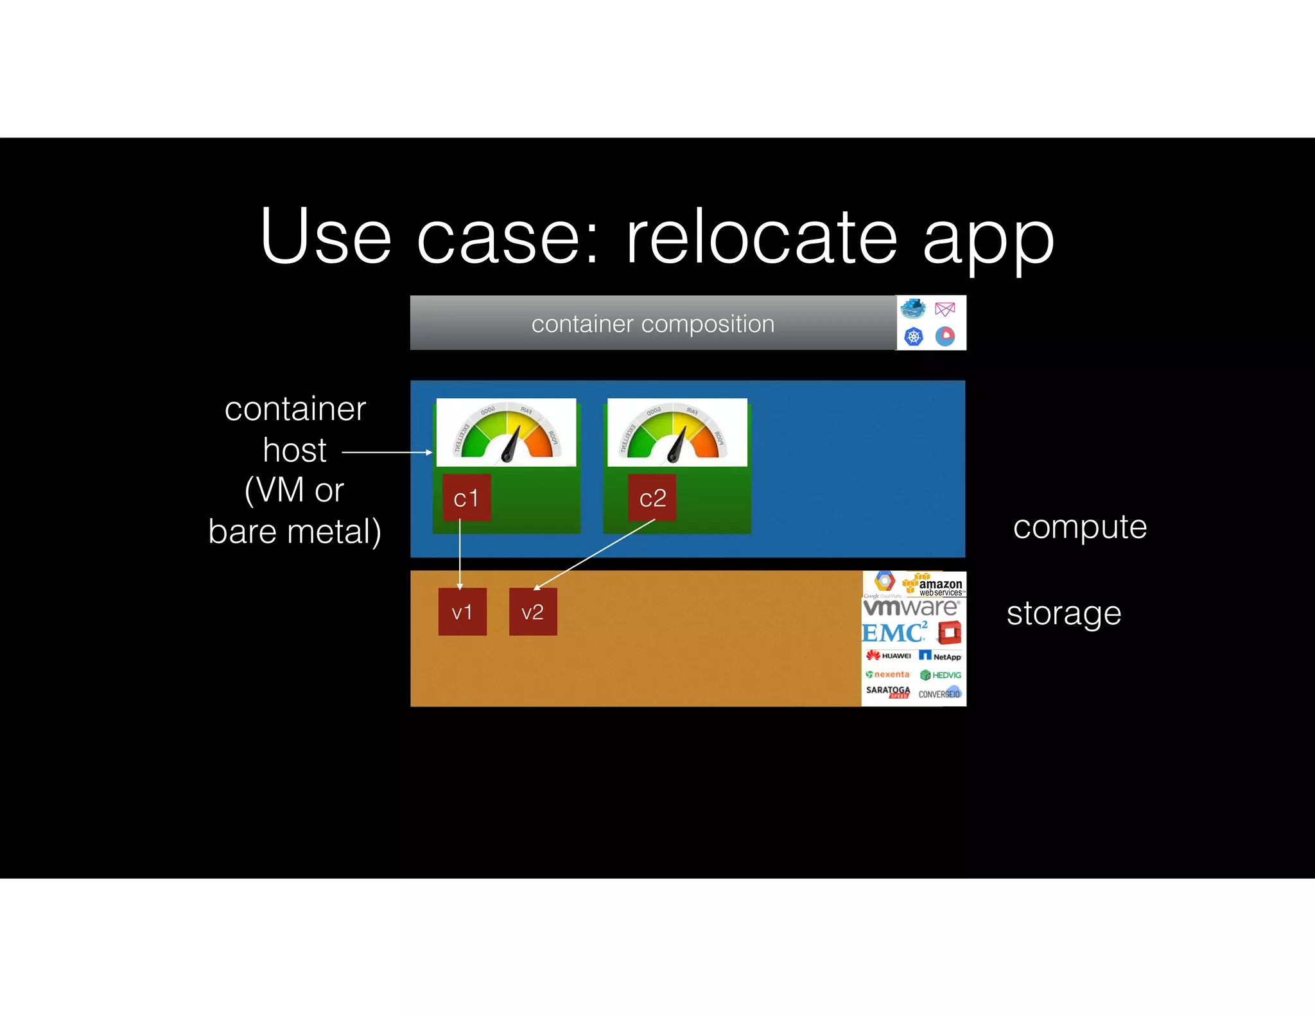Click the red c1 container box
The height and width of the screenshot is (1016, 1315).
tap(466, 498)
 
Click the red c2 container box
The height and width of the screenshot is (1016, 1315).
tap(652, 498)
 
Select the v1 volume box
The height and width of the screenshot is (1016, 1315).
tap(462, 611)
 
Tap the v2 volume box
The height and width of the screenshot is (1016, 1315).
tap(533, 611)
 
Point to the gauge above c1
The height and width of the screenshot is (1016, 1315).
tap(506, 432)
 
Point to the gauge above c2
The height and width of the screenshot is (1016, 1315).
tap(677, 432)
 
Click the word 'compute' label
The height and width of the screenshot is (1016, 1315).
tap(1079, 527)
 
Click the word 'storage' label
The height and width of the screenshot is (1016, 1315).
tap(1063, 613)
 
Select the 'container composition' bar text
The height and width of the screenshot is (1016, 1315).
tap(652, 324)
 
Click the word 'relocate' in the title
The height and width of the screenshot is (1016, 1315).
tap(762, 237)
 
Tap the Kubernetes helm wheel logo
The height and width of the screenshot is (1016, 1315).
tap(913, 336)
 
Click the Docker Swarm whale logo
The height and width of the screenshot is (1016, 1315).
tap(912, 309)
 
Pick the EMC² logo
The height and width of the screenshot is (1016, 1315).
tap(894, 633)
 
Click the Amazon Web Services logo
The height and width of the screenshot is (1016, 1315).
tap(934, 584)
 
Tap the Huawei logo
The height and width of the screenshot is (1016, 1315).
tap(889, 656)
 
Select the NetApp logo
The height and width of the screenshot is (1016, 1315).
tap(940, 656)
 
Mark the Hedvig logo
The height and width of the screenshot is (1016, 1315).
tap(941, 675)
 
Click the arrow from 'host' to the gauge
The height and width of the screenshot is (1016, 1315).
tap(387, 452)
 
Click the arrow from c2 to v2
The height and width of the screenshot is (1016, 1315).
tap(594, 554)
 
